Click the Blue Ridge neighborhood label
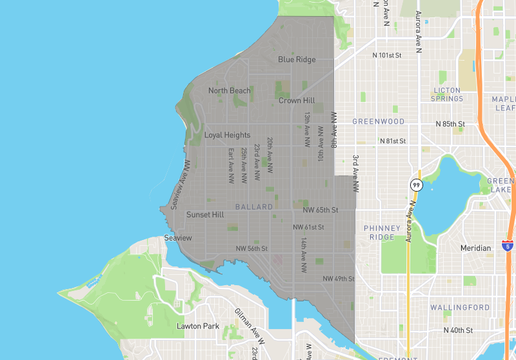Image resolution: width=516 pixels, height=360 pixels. (x=297, y=59)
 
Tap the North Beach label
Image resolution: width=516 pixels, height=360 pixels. (x=229, y=91)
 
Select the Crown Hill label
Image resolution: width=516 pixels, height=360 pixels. (x=297, y=101)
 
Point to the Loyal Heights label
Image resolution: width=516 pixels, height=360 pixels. (x=227, y=135)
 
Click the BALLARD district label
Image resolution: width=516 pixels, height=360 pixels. (x=255, y=207)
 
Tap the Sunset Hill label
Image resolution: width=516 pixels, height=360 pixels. (x=205, y=215)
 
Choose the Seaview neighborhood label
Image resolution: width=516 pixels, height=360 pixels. (x=178, y=238)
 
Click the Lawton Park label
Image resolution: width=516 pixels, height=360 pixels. (x=198, y=326)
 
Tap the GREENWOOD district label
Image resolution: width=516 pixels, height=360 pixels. (x=379, y=121)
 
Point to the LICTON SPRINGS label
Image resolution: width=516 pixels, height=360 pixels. (x=448, y=94)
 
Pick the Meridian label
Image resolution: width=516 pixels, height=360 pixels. (x=475, y=248)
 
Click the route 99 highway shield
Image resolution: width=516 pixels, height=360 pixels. (x=416, y=185)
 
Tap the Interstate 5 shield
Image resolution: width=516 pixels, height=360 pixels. (x=507, y=246)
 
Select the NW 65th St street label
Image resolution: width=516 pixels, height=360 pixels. (x=320, y=210)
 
